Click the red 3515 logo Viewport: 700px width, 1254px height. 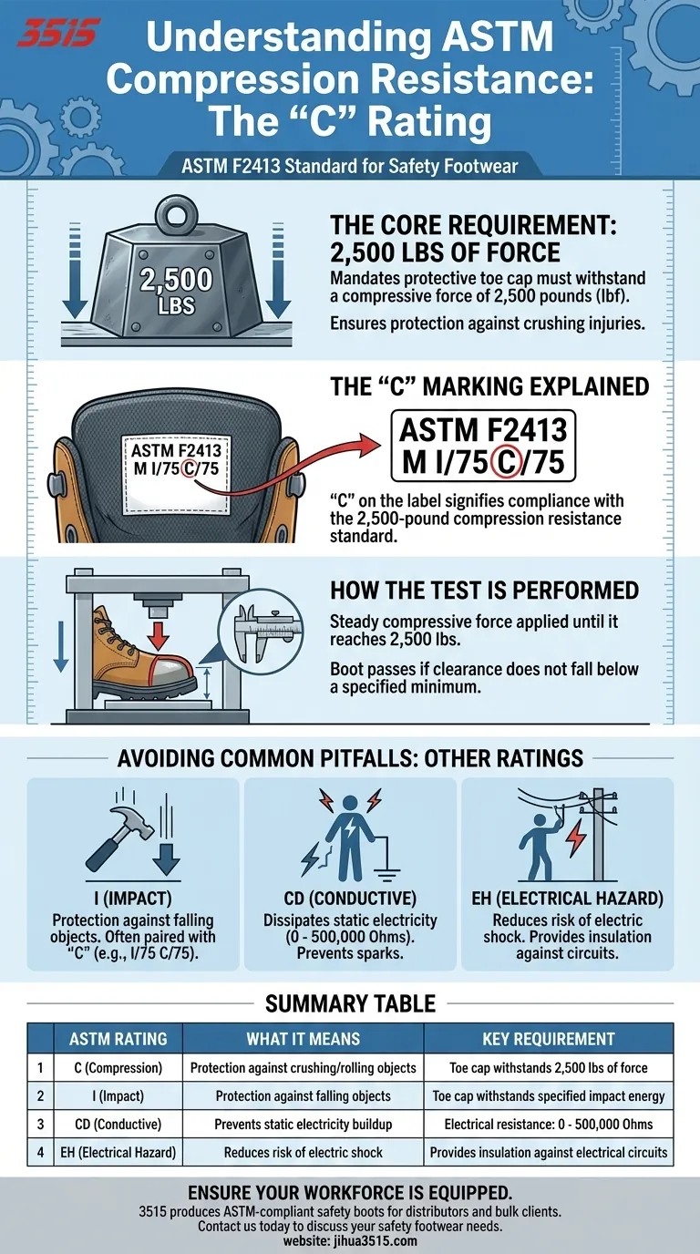(x=58, y=33)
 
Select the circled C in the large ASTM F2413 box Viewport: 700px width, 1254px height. (x=507, y=463)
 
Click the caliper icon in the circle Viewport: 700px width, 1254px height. (x=261, y=631)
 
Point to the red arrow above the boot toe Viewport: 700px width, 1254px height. (x=159, y=633)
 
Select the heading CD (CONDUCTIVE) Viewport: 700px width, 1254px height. (x=350, y=899)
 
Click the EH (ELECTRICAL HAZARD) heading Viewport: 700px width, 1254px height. (x=567, y=899)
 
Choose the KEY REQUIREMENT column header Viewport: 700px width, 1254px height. (x=548, y=1039)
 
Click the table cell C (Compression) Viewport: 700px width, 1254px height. (x=118, y=1067)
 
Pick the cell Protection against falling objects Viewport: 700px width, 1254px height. (x=303, y=1095)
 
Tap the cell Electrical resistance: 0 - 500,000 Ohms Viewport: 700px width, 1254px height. (x=548, y=1124)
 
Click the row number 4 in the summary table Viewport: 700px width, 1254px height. (x=40, y=1152)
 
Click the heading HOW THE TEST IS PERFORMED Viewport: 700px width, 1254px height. (x=484, y=591)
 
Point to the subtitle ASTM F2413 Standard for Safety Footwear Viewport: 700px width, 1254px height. (x=350, y=166)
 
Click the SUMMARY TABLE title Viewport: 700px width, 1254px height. (x=351, y=1003)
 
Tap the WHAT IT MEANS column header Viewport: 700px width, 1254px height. (x=303, y=1039)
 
